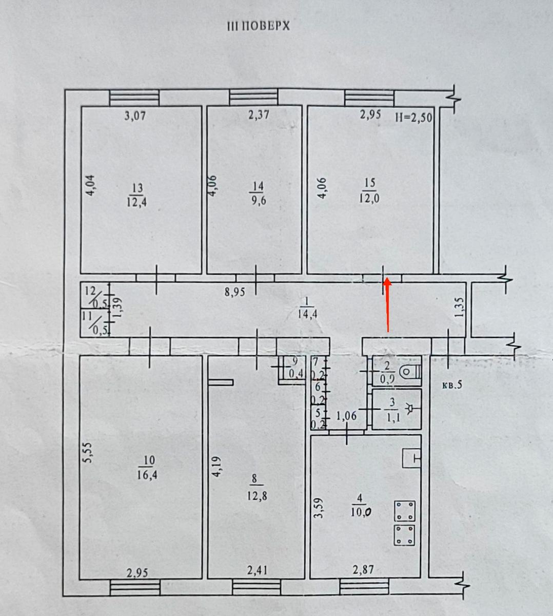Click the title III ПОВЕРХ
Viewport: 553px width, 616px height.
[x=259, y=26]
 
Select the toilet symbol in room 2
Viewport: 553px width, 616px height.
[x=411, y=372]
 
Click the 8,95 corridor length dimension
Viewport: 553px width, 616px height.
[x=234, y=292]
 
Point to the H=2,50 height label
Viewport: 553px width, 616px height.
[x=413, y=118]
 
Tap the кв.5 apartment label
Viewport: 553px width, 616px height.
[x=452, y=385]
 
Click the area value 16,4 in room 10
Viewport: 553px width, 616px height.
[x=147, y=475]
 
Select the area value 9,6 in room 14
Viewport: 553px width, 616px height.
[x=258, y=201]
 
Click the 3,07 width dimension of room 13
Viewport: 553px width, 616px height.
[x=135, y=116]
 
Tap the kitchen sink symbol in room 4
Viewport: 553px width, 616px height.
[x=411, y=457]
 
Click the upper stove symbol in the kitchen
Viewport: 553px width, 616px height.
[x=404, y=511]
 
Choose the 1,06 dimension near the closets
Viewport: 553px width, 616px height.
[x=346, y=415]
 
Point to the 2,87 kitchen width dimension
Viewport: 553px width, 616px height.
[x=363, y=569]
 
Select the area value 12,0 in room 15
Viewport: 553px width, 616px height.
[x=369, y=198]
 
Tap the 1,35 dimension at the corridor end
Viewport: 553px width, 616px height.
[x=460, y=307]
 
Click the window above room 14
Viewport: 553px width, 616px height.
[x=253, y=98]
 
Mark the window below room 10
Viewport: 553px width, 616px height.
[x=135, y=588]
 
